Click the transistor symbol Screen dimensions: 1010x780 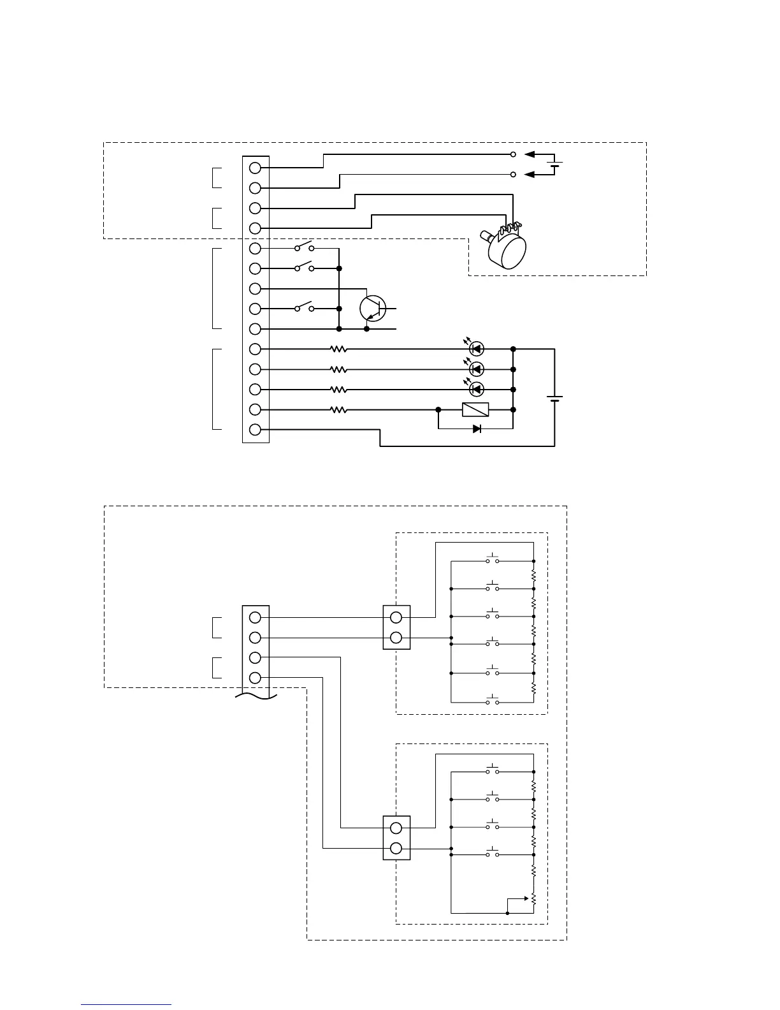click(373, 309)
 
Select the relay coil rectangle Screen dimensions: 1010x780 click(475, 409)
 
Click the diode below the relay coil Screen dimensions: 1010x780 click(477, 429)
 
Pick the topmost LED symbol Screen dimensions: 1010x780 click(476, 349)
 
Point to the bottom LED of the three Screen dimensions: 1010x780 click(476, 389)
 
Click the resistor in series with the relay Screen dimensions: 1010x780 click(338, 410)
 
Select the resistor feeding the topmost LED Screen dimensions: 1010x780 click(338, 349)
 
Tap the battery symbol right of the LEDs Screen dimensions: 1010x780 click(555, 398)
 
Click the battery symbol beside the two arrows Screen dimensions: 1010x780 click(555, 165)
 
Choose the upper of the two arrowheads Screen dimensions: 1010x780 click(530, 154)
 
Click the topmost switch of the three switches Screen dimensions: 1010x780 click(304, 247)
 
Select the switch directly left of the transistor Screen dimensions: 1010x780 click(304, 309)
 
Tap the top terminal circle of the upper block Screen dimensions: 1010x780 click(256, 168)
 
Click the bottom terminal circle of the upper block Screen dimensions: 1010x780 click(256, 430)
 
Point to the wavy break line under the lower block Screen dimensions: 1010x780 click(256, 696)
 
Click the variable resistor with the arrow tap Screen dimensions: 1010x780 click(533, 898)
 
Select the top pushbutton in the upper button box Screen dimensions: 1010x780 click(493, 560)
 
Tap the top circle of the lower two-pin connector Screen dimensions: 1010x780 click(396, 828)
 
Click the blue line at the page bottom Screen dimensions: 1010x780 click(126, 1004)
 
